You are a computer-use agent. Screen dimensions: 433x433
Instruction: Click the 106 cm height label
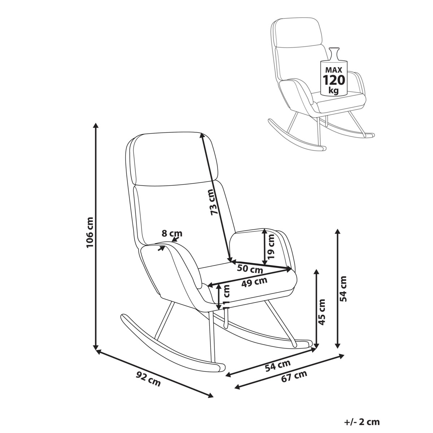(x=89, y=232)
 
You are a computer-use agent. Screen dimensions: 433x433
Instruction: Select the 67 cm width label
(x=294, y=376)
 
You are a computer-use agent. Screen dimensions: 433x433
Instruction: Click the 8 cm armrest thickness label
(x=172, y=234)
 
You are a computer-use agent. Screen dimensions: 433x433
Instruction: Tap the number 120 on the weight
(x=334, y=80)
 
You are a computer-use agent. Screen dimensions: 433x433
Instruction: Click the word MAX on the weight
(x=334, y=70)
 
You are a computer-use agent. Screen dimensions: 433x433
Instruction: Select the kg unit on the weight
(x=334, y=90)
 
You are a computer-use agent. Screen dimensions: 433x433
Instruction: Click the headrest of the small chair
(x=298, y=32)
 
